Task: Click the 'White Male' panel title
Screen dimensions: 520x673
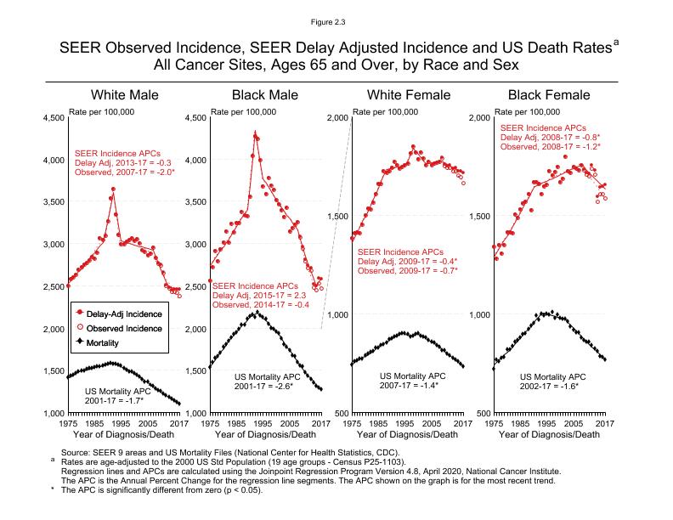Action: point(124,94)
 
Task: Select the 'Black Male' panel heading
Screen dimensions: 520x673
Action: point(265,94)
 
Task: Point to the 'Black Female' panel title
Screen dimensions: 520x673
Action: point(548,94)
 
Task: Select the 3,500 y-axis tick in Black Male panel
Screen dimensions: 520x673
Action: point(195,202)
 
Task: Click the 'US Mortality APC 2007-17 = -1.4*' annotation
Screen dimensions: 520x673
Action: point(412,381)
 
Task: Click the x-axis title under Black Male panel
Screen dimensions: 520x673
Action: point(265,436)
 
